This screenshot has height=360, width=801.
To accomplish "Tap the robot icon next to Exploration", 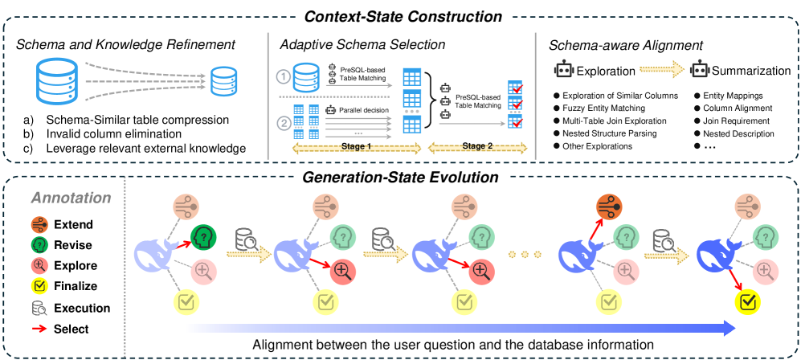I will pos(563,71).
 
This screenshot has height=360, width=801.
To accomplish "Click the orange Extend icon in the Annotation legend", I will pos(36,225).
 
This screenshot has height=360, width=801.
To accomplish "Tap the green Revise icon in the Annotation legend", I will pos(36,245).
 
